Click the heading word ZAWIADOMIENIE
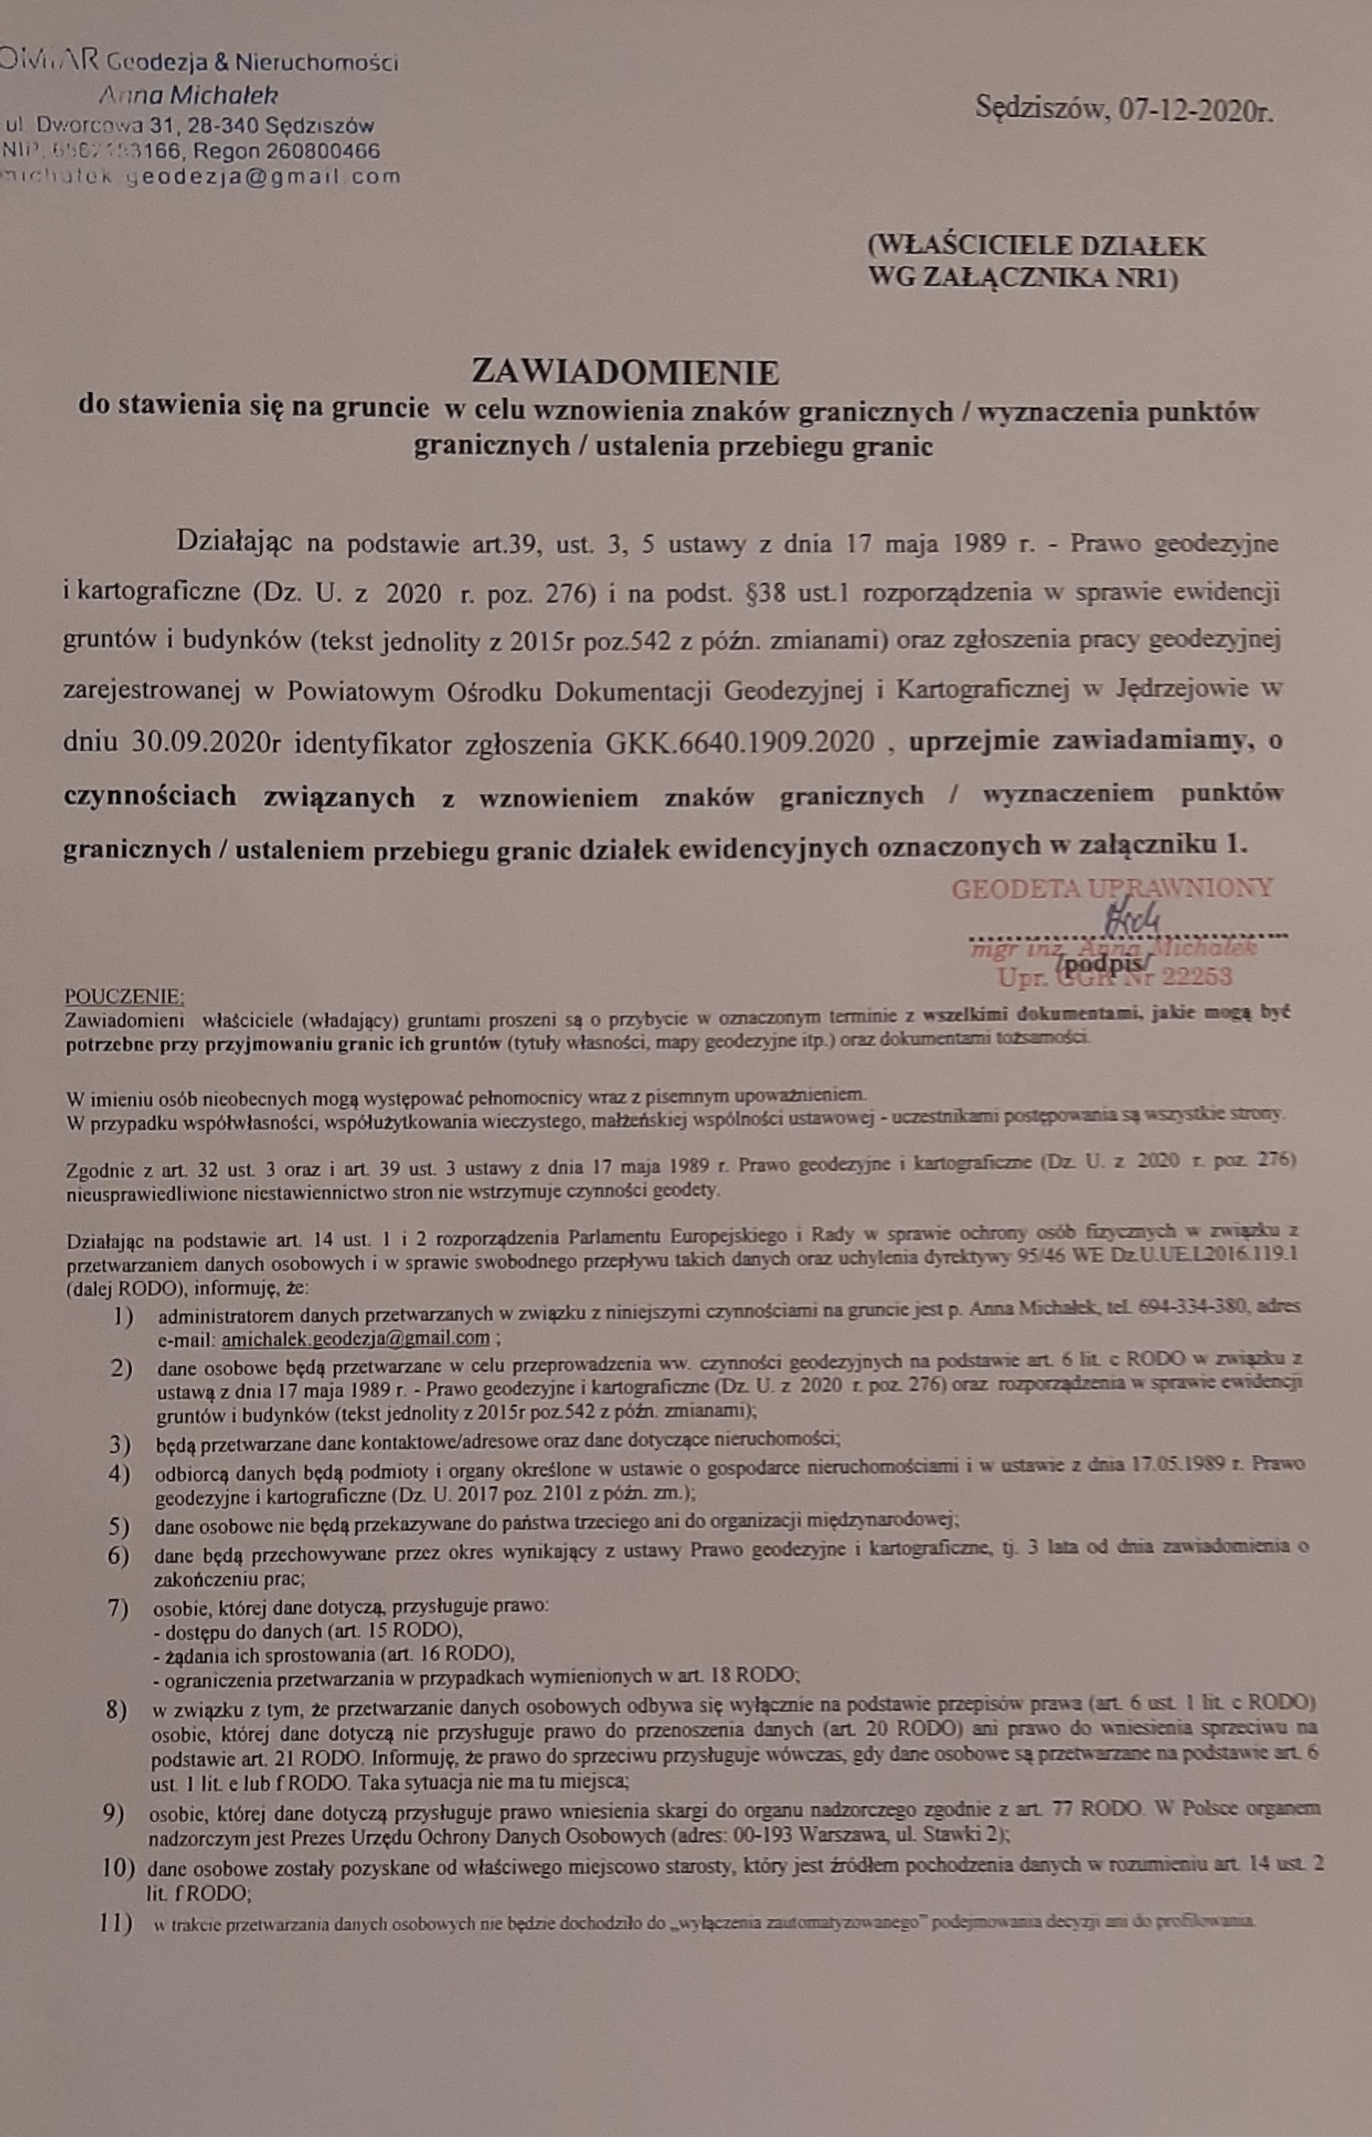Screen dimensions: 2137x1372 625,370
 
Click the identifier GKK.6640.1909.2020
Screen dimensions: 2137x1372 739,741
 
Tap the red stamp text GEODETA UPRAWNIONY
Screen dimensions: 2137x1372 1112,887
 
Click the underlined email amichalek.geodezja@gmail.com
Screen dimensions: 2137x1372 355,1338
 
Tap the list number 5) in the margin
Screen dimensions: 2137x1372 119,1525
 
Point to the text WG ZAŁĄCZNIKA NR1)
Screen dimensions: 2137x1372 1023,278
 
